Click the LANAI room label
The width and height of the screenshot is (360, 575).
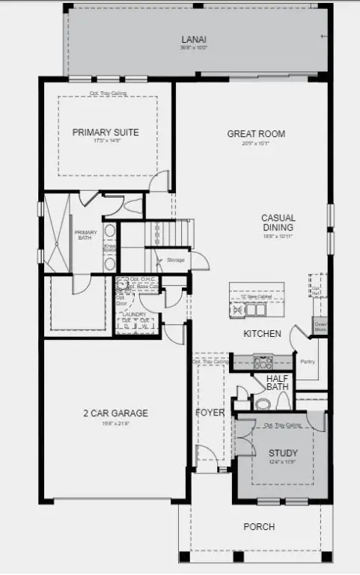(194, 39)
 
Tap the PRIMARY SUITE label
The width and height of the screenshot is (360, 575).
(106, 133)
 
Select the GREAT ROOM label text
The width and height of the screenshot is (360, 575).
(256, 134)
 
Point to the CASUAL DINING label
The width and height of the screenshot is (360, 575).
(278, 222)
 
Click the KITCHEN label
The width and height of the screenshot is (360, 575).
(262, 333)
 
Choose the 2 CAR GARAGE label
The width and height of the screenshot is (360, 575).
(115, 413)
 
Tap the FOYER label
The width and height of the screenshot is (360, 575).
(210, 413)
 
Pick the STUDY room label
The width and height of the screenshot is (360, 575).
(283, 453)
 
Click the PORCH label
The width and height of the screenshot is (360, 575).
(259, 527)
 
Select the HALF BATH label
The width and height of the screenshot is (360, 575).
(278, 383)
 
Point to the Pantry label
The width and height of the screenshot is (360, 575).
(308, 362)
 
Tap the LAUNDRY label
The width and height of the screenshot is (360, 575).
(136, 314)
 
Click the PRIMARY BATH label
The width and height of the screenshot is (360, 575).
(86, 236)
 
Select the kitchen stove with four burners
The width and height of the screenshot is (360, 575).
(263, 362)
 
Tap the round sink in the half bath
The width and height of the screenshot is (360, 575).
(262, 404)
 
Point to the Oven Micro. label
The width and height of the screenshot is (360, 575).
(320, 326)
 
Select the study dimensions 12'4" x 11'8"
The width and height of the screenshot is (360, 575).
(283, 462)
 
